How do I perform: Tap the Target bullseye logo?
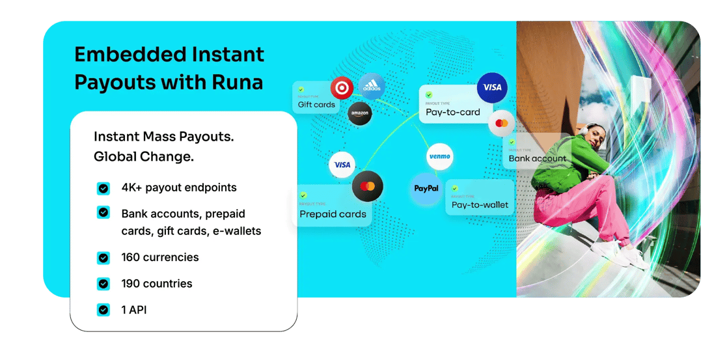(x=342, y=88)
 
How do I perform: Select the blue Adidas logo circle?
(x=372, y=86)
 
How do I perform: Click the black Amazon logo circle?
(x=360, y=113)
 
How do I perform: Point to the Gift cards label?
(x=316, y=105)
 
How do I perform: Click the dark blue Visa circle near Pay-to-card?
(x=492, y=87)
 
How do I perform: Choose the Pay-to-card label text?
(x=453, y=112)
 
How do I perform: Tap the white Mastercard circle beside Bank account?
(x=501, y=123)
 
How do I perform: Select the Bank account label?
(x=538, y=158)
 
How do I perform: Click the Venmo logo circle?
(x=439, y=156)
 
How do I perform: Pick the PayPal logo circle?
(x=426, y=188)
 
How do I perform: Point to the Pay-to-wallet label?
(x=480, y=205)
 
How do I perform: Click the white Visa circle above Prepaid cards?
(x=342, y=165)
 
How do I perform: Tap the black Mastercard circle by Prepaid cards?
(x=367, y=187)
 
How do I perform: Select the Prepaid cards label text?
(x=333, y=214)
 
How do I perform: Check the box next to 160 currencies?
(x=103, y=258)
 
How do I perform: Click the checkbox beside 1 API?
(x=103, y=310)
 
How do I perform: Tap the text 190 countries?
(x=157, y=284)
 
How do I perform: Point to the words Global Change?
(x=144, y=157)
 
